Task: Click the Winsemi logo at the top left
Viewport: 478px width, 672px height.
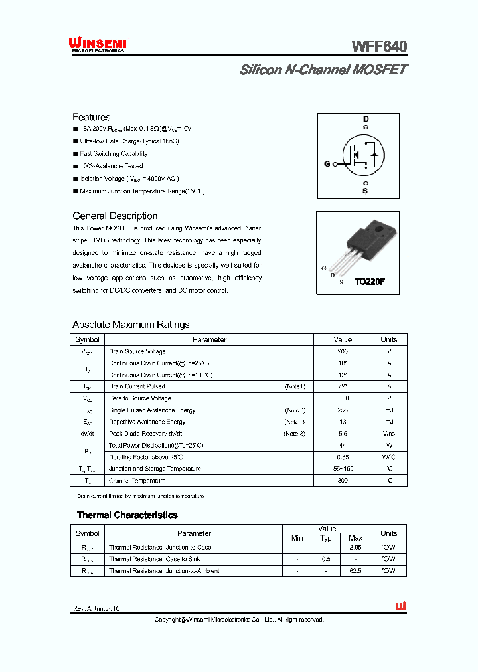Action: point(98,44)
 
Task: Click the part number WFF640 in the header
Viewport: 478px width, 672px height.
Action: point(379,46)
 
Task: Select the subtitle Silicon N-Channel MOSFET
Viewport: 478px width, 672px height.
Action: point(323,70)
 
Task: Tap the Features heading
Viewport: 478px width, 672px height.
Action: point(92,117)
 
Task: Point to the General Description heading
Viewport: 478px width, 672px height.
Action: point(115,216)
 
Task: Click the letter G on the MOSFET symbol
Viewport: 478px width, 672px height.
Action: point(327,163)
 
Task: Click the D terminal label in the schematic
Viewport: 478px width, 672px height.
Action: point(365,119)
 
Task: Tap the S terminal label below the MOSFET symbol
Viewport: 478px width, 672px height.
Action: point(364,191)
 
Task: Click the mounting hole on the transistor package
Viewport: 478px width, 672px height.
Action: point(380,230)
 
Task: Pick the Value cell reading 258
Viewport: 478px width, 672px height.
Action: point(343,410)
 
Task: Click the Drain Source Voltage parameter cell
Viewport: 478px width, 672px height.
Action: point(137,351)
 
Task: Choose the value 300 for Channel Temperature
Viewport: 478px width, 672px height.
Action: point(343,480)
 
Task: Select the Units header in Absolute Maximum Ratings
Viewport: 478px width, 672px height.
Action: point(388,339)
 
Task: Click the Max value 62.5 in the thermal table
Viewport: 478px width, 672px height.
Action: point(355,571)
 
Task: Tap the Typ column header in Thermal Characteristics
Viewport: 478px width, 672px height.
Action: point(326,538)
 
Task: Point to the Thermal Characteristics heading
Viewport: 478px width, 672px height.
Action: point(127,515)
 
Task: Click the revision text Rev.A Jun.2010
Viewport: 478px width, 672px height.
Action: point(96,608)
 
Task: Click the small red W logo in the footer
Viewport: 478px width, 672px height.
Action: point(400,606)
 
